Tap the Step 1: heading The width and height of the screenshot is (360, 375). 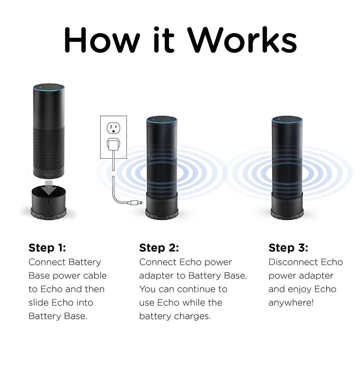tap(47, 248)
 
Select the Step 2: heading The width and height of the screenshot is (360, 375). tap(159, 248)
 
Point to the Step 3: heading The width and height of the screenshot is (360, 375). tap(288, 248)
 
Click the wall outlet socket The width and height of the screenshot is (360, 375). tap(113, 128)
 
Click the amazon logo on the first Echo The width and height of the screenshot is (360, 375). tap(49, 174)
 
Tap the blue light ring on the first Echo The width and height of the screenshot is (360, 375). tap(49, 87)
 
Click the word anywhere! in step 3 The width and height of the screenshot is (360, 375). tap(291, 303)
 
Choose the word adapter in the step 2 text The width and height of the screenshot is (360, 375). tap(157, 276)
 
